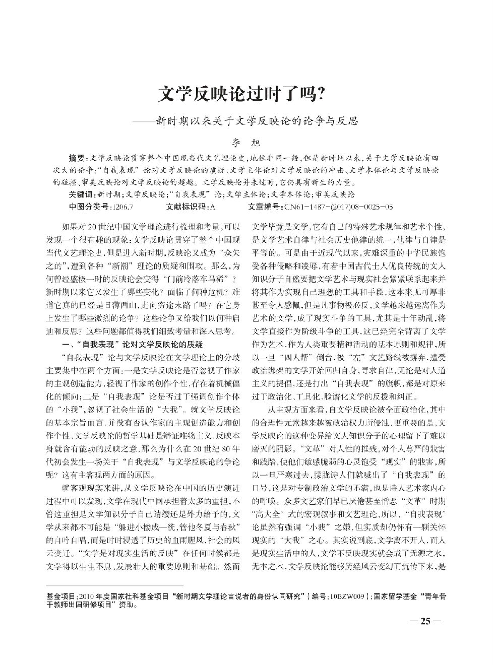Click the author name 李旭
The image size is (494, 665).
coord(247,143)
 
